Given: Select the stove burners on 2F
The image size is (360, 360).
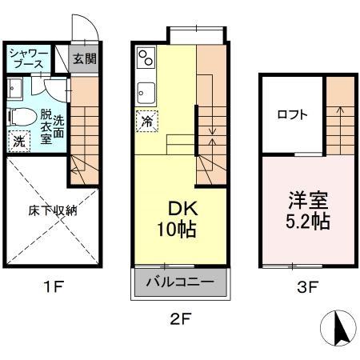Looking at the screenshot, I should pos(146,58).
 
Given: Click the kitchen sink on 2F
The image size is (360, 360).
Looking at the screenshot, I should pos(146,89).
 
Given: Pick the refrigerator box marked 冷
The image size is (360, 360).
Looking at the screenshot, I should pos(147,122).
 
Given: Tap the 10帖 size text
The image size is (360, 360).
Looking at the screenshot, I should pos(178,230).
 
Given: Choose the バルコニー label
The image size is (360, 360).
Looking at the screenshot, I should pos(180,282).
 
